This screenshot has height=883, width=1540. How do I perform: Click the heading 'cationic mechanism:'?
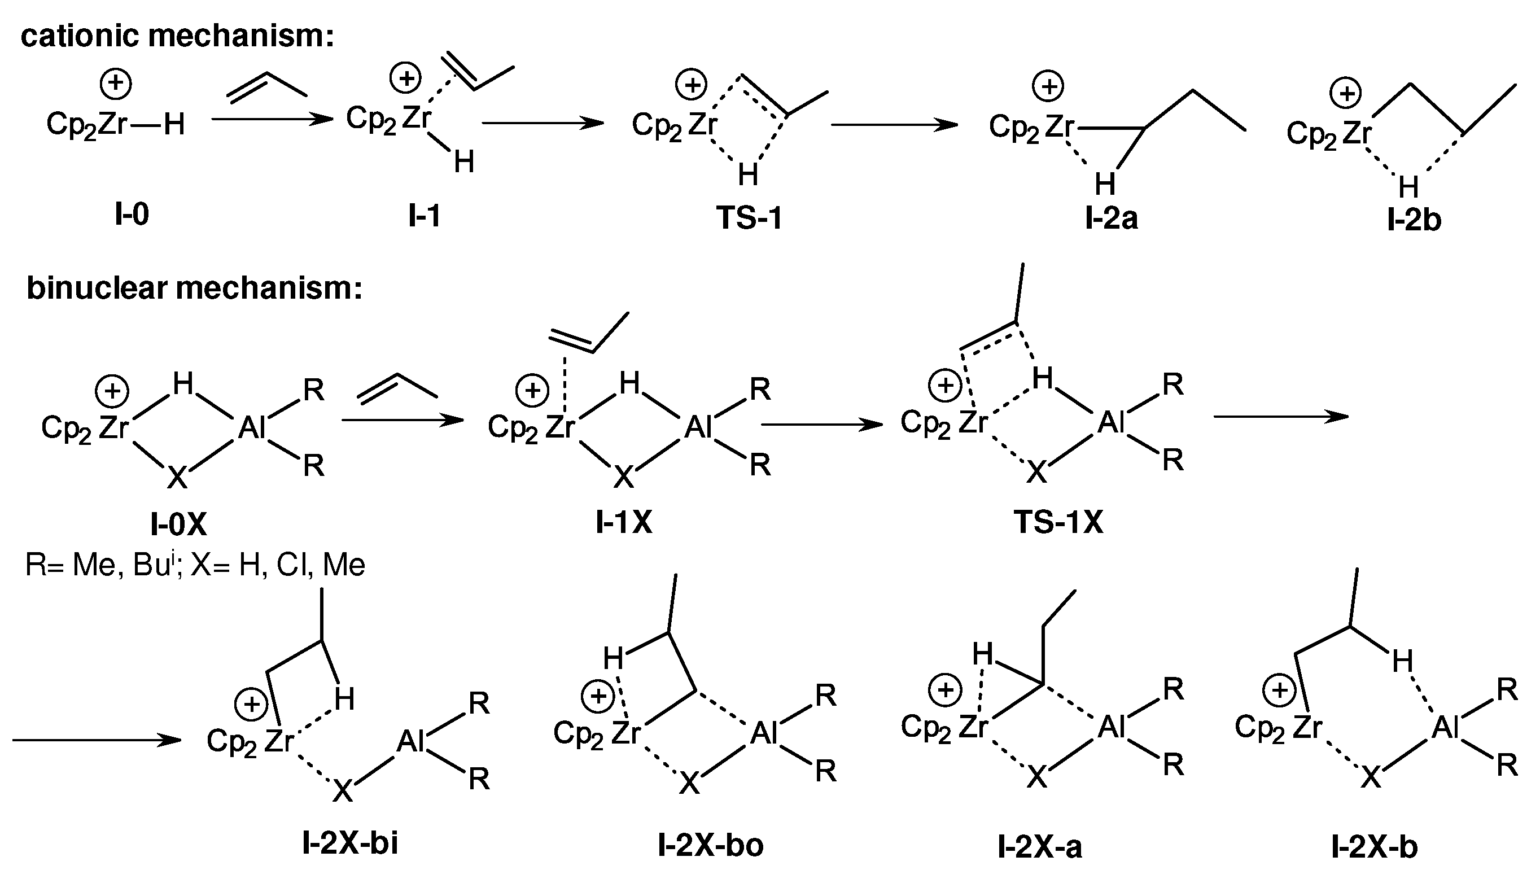177,36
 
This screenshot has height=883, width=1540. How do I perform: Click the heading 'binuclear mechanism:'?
194,287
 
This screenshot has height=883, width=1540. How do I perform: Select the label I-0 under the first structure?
132,214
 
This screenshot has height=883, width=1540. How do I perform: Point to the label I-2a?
1111,218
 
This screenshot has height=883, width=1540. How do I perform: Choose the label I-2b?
1414,220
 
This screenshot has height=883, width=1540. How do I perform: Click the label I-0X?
178,524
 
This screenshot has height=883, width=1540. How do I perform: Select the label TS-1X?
1058,522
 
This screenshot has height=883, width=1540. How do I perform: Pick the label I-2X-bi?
350,843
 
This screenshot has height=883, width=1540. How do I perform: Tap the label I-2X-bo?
710,845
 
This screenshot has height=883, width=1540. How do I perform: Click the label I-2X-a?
1039,847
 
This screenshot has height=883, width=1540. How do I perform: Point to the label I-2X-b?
1374,847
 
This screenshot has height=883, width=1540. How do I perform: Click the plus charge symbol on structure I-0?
116,84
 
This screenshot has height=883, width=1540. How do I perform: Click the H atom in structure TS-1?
747,175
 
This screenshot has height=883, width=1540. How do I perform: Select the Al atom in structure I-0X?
252,428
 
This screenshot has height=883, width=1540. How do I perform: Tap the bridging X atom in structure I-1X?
623,477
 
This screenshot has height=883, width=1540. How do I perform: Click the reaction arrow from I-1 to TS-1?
542,124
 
